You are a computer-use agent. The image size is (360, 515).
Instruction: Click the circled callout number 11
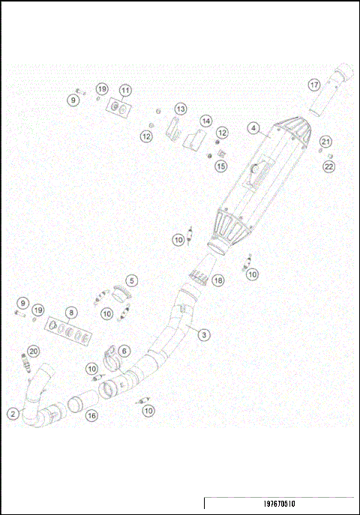click(x=125, y=90)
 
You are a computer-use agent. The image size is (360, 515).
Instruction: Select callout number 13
click(x=181, y=109)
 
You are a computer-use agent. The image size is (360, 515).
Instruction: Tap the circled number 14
click(x=205, y=120)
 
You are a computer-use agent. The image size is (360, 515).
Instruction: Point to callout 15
click(x=220, y=166)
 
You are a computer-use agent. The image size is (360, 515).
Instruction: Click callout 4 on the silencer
click(x=255, y=129)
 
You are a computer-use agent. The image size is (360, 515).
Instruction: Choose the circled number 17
click(x=315, y=85)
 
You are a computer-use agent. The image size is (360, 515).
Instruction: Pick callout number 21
click(x=325, y=141)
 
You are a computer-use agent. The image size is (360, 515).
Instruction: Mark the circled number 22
click(x=328, y=166)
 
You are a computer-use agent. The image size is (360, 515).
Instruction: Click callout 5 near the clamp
click(x=131, y=280)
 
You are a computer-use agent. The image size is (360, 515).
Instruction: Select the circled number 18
click(x=218, y=280)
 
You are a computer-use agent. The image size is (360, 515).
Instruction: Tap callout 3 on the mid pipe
click(x=203, y=335)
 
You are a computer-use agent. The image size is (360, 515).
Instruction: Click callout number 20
click(x=34, y=351)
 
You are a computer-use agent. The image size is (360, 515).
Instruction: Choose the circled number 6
click(x=124, y=351)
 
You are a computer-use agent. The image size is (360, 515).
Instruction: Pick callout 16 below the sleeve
click(x=91, y=415)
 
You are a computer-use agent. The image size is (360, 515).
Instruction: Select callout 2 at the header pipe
click(x=13, y=413)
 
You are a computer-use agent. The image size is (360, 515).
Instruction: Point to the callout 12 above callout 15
click(x=222, y=132)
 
